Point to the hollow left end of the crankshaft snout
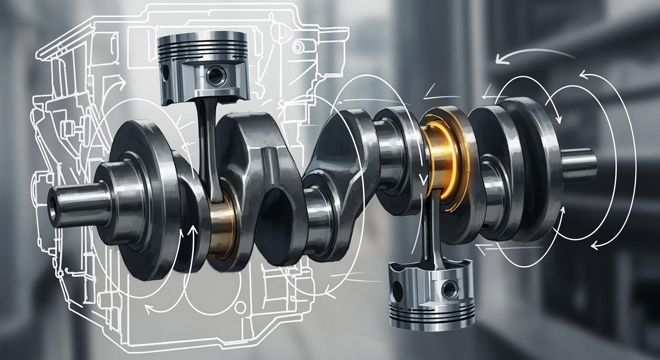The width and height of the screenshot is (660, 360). coord(52,210)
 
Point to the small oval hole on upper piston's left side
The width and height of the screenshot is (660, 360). coord(165,73)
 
